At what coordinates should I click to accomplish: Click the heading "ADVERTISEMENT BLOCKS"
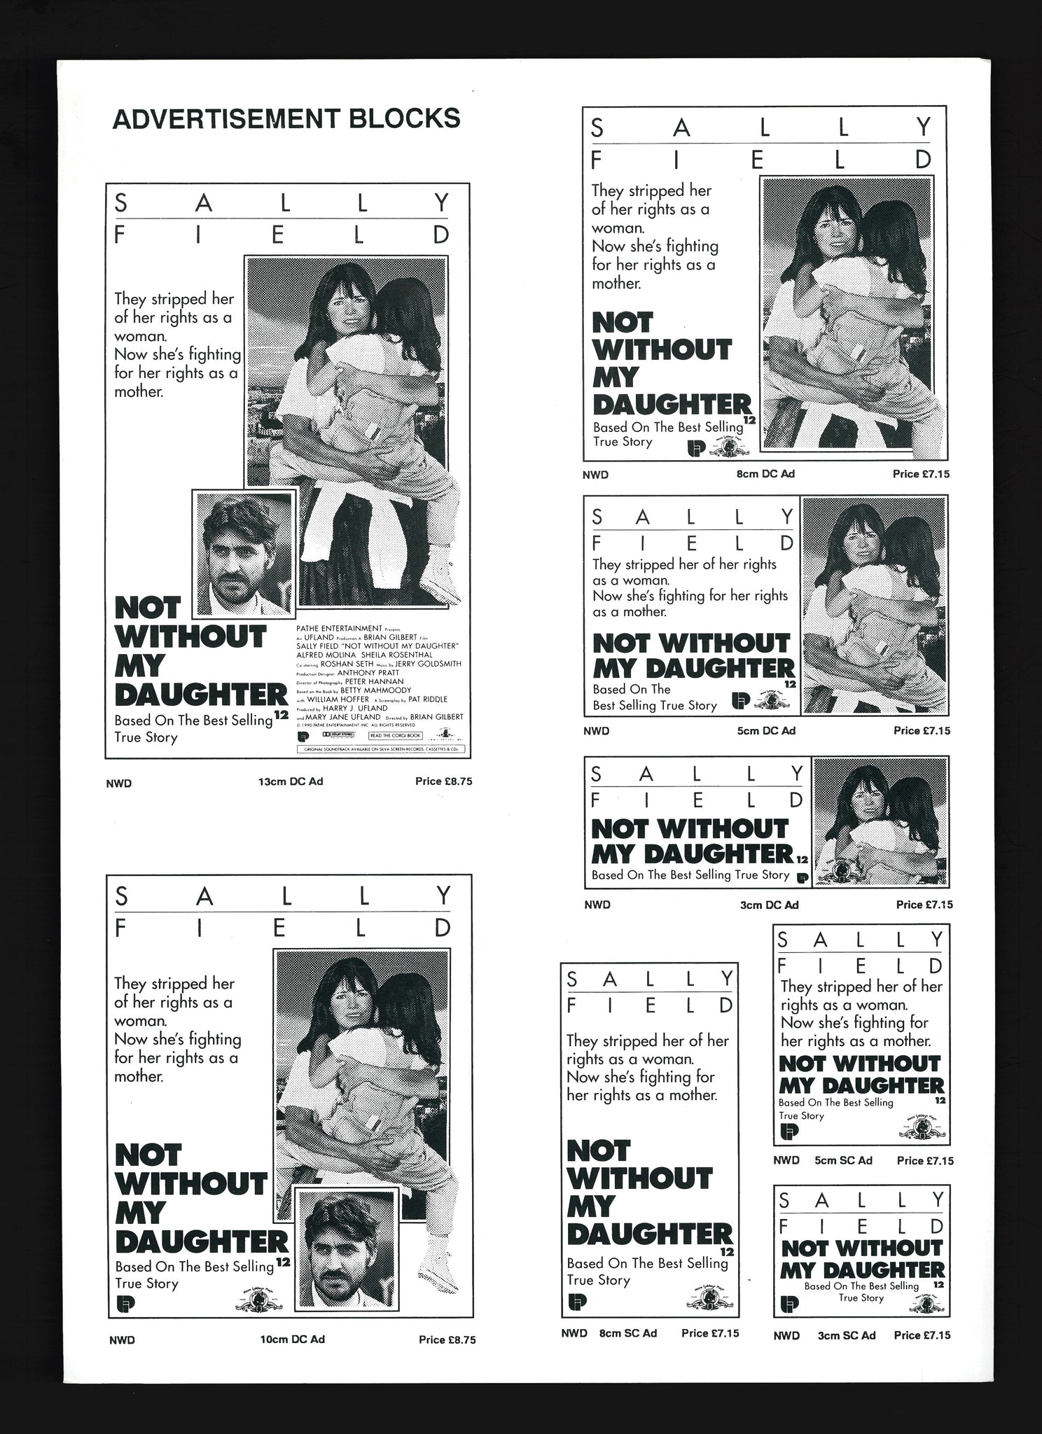[x=286, y=118]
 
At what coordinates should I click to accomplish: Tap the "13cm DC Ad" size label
[x=291, y=781]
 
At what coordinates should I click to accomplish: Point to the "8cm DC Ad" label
[x=766, y=474]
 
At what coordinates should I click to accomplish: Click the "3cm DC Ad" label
[x=769, y=905]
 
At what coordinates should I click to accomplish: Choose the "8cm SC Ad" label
[x=628, y=1333]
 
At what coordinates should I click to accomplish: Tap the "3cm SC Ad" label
[x=847, y=1335]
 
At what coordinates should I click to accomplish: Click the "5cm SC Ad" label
[x=843, y=1160]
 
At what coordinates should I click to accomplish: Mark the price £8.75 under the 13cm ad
[x=444, y=781]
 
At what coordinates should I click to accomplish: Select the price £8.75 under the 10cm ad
[x=447, y=1339]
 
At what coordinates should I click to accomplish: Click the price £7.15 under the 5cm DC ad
[x=922, y=730]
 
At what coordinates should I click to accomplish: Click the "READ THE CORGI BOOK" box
[x=396, y=736]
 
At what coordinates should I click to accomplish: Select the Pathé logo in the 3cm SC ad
[x=789, y=1304]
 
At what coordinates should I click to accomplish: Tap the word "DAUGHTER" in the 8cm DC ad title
[x=672, y=405]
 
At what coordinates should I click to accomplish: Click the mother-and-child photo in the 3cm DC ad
[x=880, y=822]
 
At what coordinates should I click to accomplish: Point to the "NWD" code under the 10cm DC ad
[x=122, y=1340]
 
